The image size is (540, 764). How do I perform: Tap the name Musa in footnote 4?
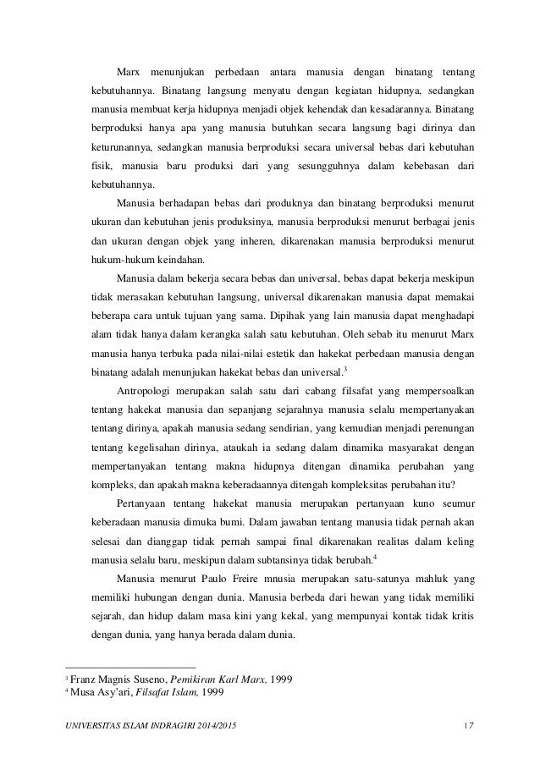coord(81,694)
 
